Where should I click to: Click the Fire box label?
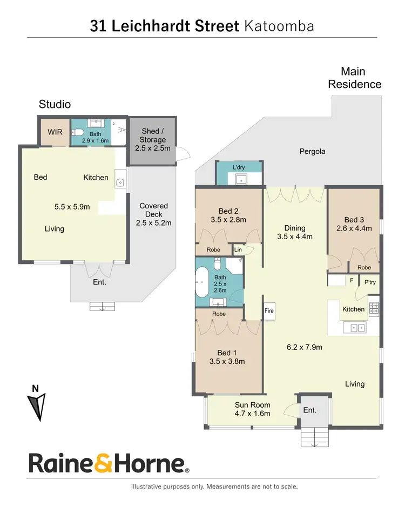269,311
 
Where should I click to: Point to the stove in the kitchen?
374,309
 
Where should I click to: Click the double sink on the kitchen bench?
356,327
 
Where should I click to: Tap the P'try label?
370,282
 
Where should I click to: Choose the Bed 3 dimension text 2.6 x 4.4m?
354,228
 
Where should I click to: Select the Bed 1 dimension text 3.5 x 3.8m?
227,361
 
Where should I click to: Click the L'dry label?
239,168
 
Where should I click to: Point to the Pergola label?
312,152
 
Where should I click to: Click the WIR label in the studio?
55,132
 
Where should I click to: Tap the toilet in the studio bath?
78,132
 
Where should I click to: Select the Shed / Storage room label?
152,140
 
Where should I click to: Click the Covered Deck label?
153,214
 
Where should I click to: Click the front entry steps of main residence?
314,435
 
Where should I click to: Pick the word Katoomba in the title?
279,26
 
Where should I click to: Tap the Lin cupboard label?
238,249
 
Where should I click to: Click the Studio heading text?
55,104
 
